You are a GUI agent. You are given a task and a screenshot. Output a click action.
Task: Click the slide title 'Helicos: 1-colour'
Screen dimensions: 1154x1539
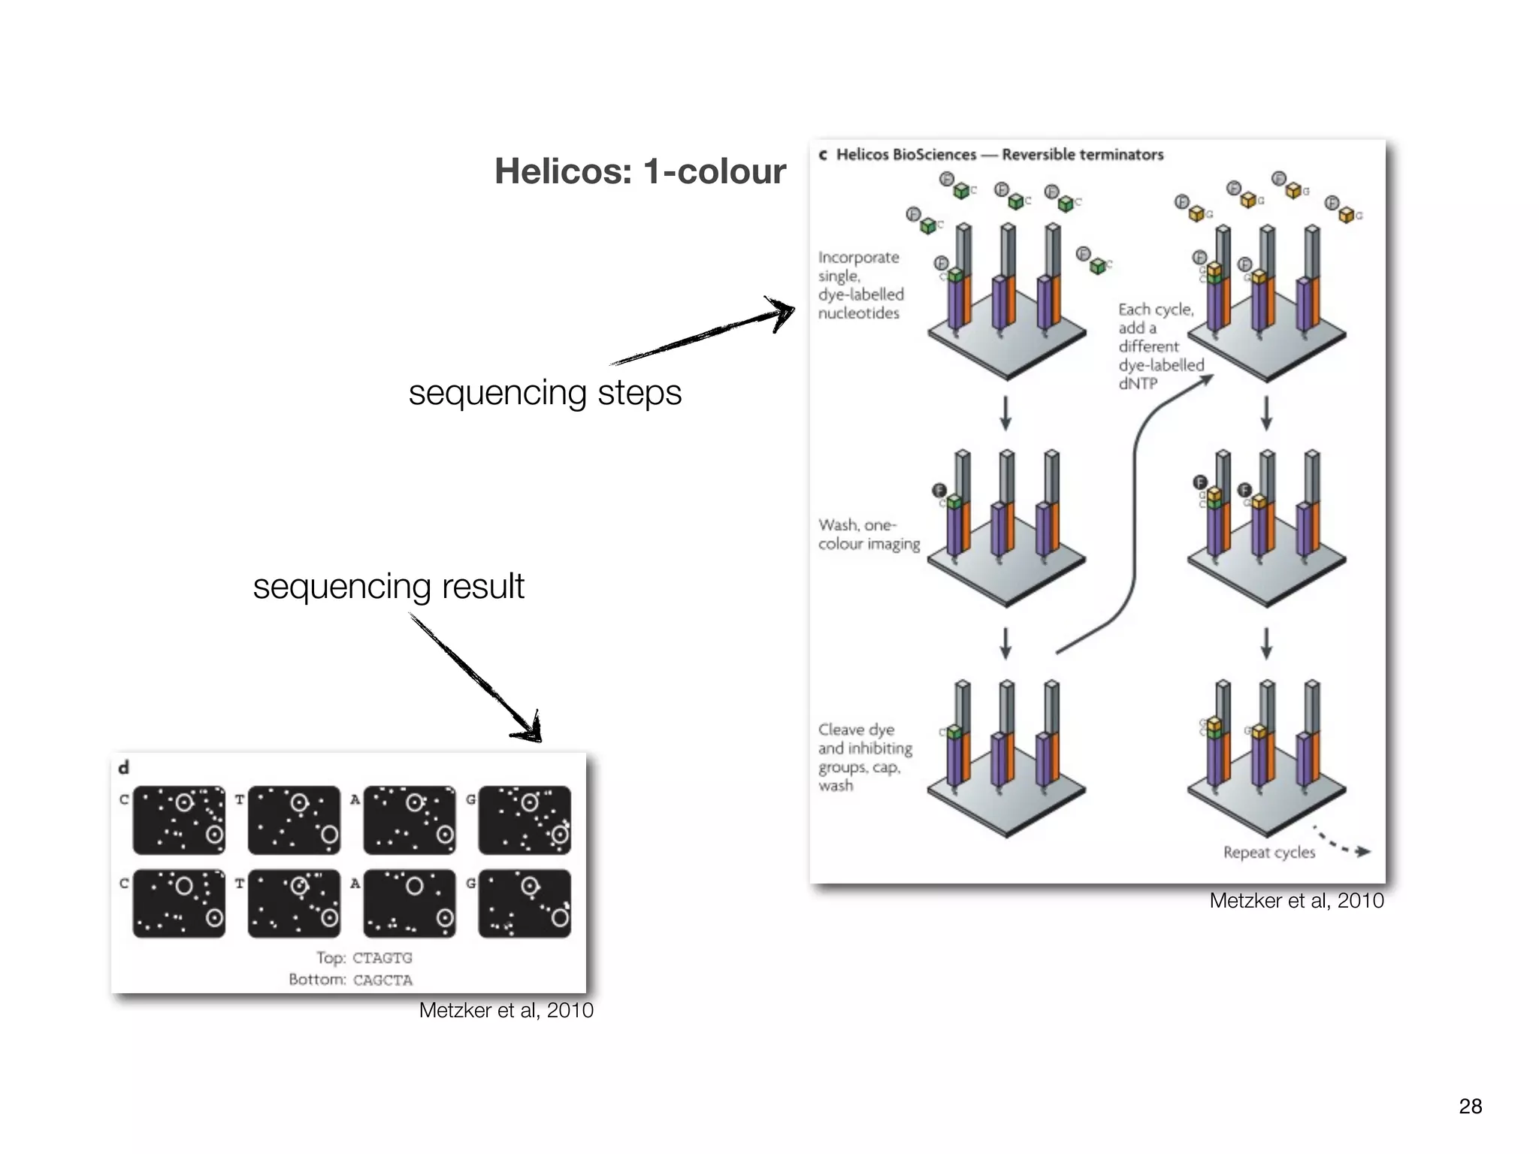click(639, 171)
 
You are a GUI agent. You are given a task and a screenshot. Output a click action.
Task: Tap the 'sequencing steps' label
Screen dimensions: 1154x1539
click(545, 392)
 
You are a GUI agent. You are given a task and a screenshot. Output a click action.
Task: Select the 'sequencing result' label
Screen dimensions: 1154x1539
click(389, 586)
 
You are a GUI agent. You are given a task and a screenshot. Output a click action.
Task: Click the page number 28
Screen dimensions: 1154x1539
click(1470, 1106)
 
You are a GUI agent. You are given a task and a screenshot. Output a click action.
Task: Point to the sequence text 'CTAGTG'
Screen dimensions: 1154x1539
click(382, 958)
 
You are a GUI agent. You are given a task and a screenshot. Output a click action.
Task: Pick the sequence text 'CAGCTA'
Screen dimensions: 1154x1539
click(382, 980)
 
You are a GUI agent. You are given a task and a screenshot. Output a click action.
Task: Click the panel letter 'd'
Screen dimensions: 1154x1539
click(124, 767)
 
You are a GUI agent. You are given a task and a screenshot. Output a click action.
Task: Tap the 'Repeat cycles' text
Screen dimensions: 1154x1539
click(1268, 853)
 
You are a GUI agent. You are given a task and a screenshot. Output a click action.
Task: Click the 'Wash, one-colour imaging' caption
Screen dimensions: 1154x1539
click(869, 534)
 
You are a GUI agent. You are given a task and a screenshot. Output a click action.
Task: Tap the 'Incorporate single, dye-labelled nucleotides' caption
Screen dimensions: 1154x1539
click(860, 285)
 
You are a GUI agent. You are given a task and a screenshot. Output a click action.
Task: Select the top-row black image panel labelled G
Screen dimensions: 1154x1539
click(525, 820)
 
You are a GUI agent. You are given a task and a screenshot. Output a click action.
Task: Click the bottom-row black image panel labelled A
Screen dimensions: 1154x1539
click(410, 903)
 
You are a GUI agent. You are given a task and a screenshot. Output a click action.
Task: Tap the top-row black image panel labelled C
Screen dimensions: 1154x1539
click(179, 820)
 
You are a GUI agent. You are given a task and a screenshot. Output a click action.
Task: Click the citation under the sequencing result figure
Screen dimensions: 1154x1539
click(506, 1011)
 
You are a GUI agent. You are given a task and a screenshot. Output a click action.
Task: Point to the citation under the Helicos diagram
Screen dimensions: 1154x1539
click(1296, 901)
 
